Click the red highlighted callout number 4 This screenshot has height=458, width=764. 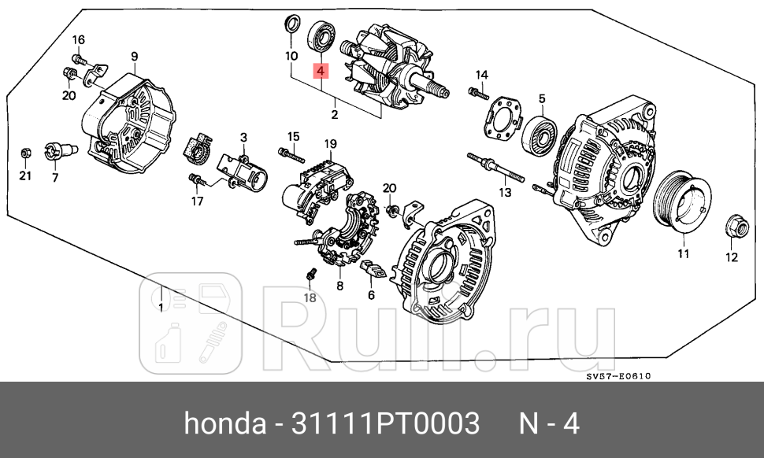coord(321,71)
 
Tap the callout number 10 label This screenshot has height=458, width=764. coord(291,56)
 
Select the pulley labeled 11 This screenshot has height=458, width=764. coord(683,206)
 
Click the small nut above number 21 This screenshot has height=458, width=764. coord(24,152)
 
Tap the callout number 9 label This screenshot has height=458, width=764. coord(134,56)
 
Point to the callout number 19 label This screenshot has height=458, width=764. coord(330,144)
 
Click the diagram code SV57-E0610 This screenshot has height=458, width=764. coord(618,376)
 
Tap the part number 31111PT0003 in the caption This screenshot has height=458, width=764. coord(386,425)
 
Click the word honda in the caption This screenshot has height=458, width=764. coord(224,425)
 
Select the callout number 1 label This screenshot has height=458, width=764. coord(160,307)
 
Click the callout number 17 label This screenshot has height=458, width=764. coord(197,201)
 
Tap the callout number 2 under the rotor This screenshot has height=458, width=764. coord(334,115)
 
